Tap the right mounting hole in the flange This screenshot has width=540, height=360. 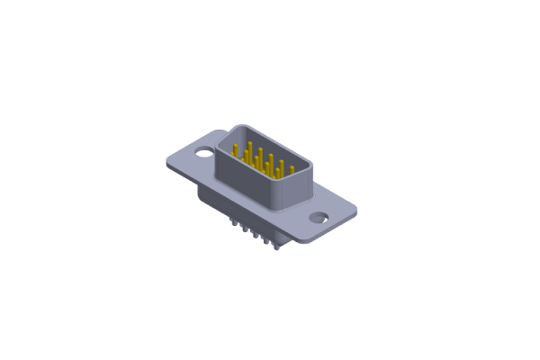[x=319, y=216]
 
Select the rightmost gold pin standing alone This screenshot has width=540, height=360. [x=292, y=169]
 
